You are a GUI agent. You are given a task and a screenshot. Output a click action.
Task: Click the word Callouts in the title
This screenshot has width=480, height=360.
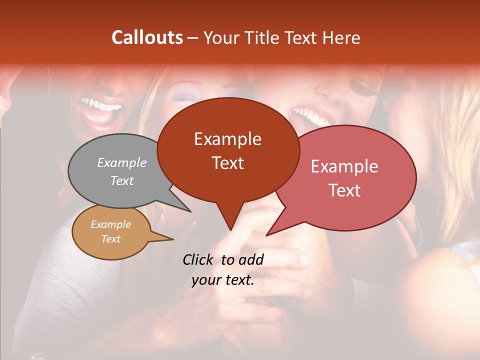coord(147,37)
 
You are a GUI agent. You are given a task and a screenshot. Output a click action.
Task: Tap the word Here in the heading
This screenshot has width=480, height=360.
coord(341,37)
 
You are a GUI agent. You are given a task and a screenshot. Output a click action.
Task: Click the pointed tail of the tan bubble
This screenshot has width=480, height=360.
coord(165,239)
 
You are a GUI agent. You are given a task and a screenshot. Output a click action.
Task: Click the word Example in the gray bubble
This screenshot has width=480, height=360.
coord(121,162)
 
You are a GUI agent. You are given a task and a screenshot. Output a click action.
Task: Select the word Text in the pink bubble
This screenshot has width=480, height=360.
coord(345,190)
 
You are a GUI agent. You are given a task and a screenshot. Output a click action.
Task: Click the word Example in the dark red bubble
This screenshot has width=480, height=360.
coord(228,139)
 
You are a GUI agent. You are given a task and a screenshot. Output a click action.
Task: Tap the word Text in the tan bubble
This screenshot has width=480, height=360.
coord(111,239)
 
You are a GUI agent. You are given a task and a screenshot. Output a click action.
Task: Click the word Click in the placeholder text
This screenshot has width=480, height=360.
coord(198,259)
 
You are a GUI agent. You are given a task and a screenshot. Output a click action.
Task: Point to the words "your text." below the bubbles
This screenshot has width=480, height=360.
coord(223,280)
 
